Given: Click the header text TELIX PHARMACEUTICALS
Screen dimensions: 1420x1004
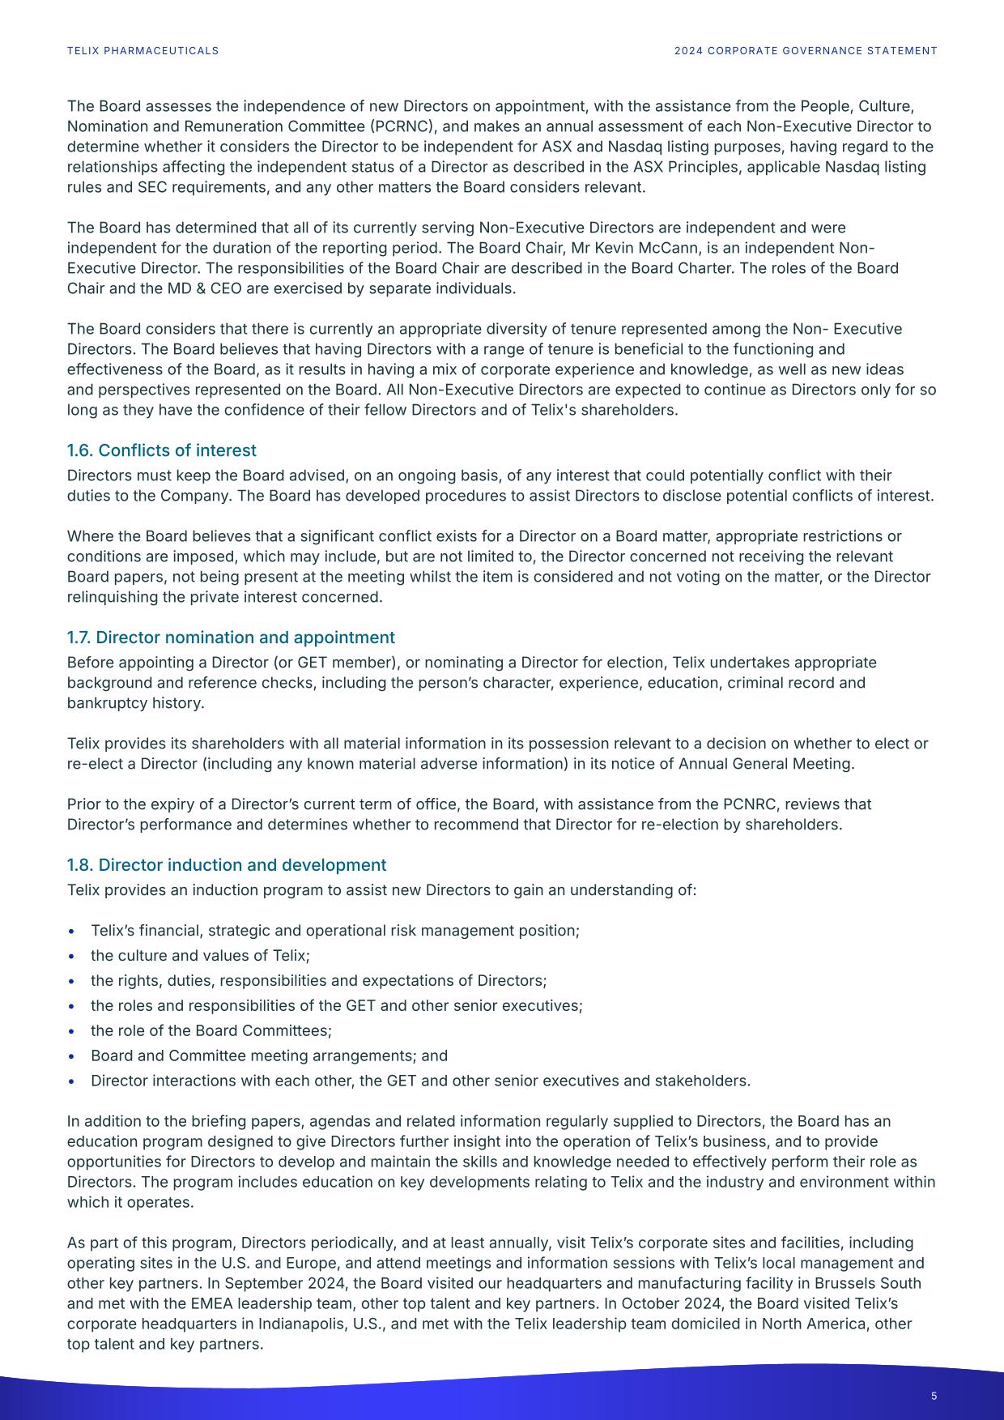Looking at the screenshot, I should click(x=143, y=51).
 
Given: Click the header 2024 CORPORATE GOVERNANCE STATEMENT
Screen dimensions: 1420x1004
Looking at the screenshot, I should click(x=806, y=51).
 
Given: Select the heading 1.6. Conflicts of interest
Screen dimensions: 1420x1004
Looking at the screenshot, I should click(x=161, y=450).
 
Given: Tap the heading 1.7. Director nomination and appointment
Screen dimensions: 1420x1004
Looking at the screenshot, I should click(x=231, y=638).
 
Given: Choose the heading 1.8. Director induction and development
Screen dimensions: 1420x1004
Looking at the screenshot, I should click(x=227, y=865).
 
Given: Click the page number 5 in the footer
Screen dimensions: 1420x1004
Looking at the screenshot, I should click(x=934, y=1396).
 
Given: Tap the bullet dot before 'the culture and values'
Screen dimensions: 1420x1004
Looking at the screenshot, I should click(x=73, y=956).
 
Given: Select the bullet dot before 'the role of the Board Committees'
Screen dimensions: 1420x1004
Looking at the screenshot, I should click(x=73, y=1031).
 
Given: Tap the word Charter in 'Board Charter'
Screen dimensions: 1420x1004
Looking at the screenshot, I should click(x=870, y=268).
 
